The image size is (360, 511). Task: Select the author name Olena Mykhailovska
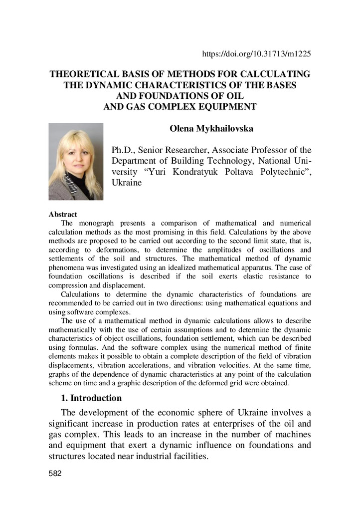coord(212,129)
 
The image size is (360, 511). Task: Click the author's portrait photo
coord(76,162)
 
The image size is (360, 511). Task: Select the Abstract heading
coord(62,215)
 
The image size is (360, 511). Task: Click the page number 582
coord(54,474)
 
